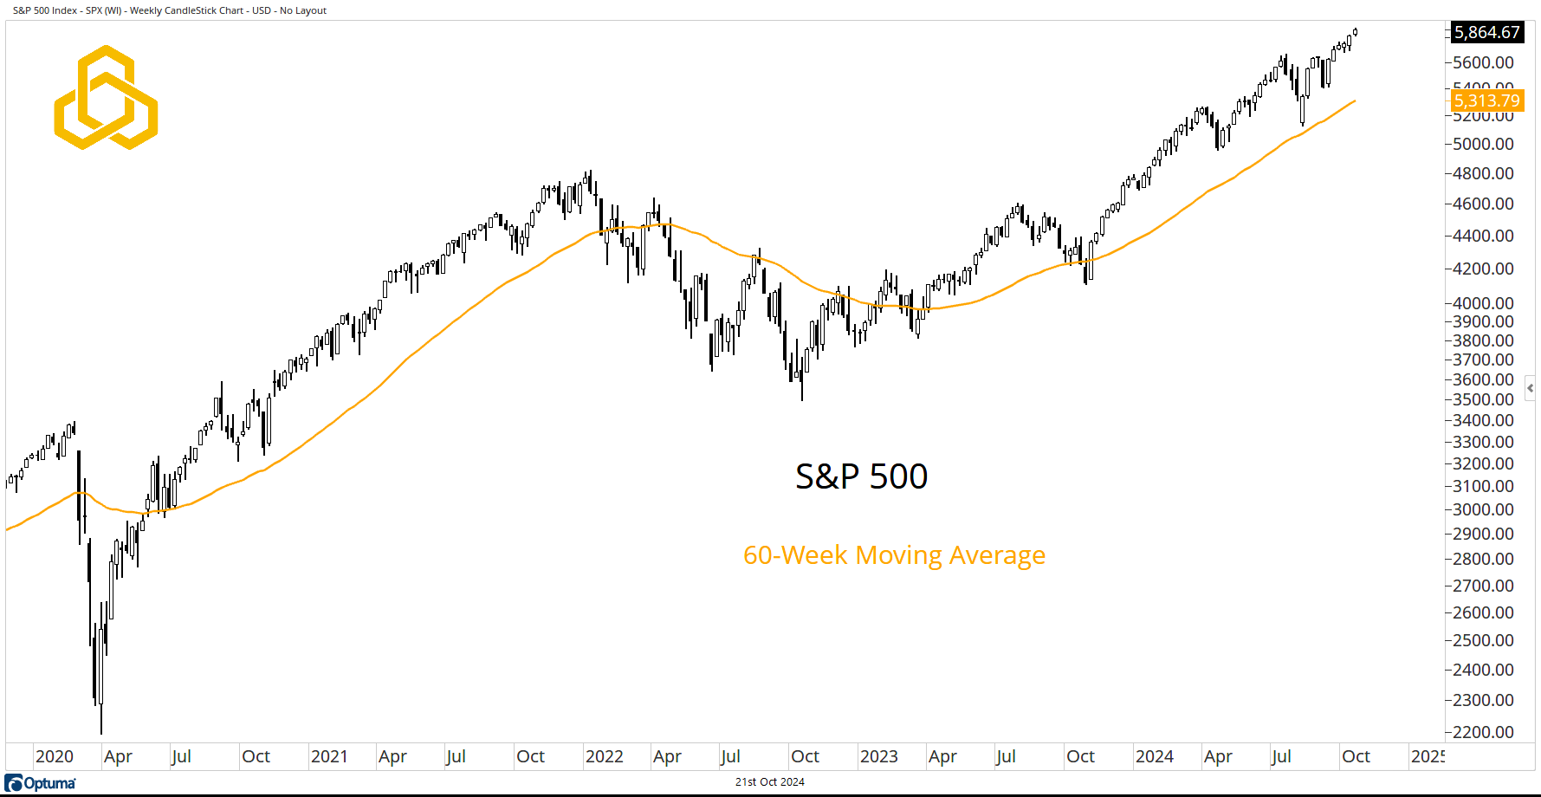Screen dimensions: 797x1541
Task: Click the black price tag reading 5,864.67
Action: point(1486,33)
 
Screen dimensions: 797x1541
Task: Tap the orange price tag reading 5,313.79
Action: point(1486,100)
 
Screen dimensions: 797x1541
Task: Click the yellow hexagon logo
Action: point(106,97)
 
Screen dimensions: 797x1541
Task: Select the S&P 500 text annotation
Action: point(861,476)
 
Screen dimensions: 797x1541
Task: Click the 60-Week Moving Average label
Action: point(894,555)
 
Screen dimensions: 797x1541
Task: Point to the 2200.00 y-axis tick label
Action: point(1483,732)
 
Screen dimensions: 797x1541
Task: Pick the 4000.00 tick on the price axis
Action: point(1483,303)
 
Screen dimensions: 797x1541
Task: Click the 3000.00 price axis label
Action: point(1483,509)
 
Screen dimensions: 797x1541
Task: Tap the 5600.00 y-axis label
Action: point(1483,62)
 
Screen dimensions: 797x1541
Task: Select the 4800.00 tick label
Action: point(1483,173)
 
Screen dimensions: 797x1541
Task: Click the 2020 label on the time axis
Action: point(54,756)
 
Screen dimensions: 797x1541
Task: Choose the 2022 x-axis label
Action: point(604,756)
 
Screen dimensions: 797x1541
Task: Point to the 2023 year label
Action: point(878,756)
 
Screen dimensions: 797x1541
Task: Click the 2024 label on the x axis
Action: point(1154,756)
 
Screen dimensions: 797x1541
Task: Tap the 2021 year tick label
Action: point(329,756)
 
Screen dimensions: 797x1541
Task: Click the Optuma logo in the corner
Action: point(41,783)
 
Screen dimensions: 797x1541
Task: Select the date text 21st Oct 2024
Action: point(769,781)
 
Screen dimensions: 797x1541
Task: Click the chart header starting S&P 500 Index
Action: point(170,10)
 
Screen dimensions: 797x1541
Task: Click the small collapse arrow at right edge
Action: point(1530,388)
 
